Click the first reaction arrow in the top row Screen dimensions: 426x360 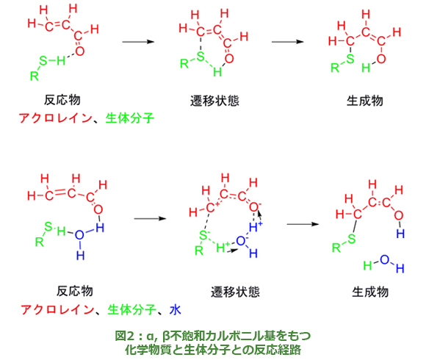click(138, 42)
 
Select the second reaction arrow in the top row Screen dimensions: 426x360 click(288, 42)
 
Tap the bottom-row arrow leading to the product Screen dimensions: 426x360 click(303, 224)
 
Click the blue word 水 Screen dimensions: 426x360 click(176, 309)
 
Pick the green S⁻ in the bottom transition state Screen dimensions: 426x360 click(203, 235)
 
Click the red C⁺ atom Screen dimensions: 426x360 click(212, 208)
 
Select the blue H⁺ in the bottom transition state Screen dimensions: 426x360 click(256, 226)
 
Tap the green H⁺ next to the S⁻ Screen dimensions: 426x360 click(223, 248)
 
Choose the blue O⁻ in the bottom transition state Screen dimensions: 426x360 click(242, 240)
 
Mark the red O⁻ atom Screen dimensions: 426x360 click(255, 207)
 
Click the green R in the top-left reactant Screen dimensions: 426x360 click(35, 76)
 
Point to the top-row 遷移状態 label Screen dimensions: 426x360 click(214, 101)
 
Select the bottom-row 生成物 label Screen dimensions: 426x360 click(370, 292)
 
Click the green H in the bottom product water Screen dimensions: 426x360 click(367, 265)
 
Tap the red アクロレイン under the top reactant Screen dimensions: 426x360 click(56, 118)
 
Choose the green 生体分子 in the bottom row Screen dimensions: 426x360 click(132, 309)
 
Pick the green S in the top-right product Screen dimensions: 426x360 click(350, 59)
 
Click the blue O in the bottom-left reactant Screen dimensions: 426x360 click(79, 235)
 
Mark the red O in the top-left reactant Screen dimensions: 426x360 click(79, 51)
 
